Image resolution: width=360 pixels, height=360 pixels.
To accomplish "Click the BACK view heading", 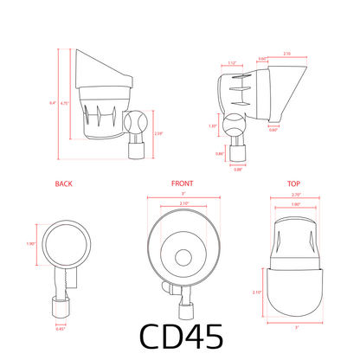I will pos(63,184).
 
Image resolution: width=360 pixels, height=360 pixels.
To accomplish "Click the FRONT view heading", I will pos(182,184).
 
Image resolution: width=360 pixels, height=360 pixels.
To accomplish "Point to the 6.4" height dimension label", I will pos(53,103).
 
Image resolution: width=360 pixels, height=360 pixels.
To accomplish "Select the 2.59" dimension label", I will pos(157,133).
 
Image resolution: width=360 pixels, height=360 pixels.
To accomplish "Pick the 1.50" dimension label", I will pos(213,126).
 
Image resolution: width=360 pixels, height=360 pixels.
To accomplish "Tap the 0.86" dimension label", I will pos(220,153).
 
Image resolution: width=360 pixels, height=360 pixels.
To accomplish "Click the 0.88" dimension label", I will pos(238,169).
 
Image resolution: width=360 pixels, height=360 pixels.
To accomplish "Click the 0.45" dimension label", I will pos(61,328).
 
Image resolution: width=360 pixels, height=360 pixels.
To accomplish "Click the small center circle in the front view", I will pos(183,256).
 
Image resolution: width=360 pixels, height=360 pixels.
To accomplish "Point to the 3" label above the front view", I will pos(183,194).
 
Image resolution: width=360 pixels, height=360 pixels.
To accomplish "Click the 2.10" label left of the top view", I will pos(256,292).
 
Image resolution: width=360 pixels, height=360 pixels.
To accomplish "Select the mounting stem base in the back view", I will pos(61,307).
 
